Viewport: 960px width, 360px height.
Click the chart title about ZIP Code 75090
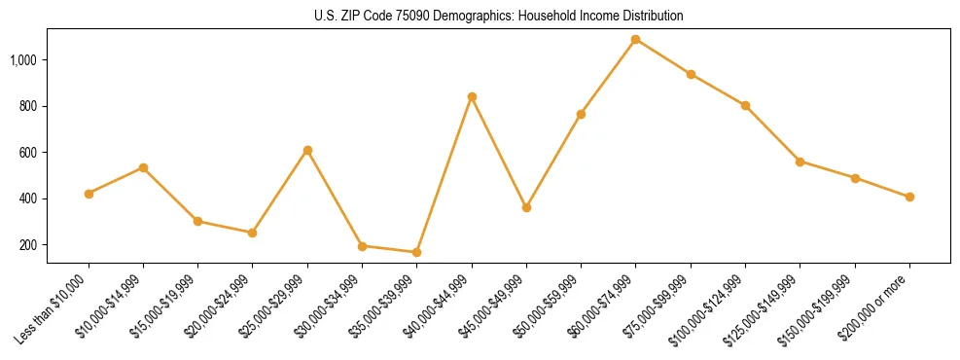pyautogui.click(x=499, y=17)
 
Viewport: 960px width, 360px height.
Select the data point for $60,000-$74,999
pyautogui.click(x=636, y=40)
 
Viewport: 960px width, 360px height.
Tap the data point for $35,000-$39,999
pyautogui.click(x=416, y=252)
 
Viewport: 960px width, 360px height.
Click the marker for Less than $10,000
pyautogui.click(x=89, y=194)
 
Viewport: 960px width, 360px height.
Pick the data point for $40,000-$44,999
pyautogui.click(x=472, y=96)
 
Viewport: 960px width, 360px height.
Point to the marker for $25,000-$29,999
pyautogui.click(x=307, y=150)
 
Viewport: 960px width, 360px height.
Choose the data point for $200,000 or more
pyautogui.click(x=909, y=197)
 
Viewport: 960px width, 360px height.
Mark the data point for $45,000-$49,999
pyautogui.click(x=526, y=207)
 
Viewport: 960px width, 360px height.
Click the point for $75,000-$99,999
pyautogui.click(x=691, y=74)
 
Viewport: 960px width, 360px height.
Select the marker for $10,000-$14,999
pyautogui.click(x=143, y=167)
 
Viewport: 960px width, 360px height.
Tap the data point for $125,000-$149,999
pyautogui.click(x=800, y=162)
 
